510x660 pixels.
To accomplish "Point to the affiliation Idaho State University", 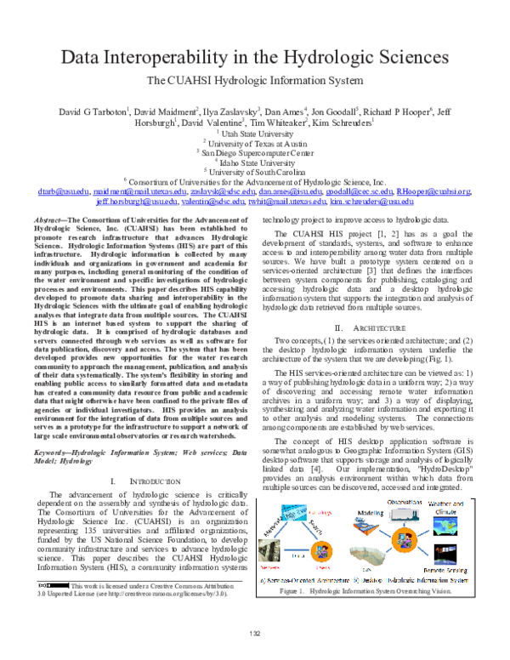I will (256, 162).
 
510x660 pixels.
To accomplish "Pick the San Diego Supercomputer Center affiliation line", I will (255, 152).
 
